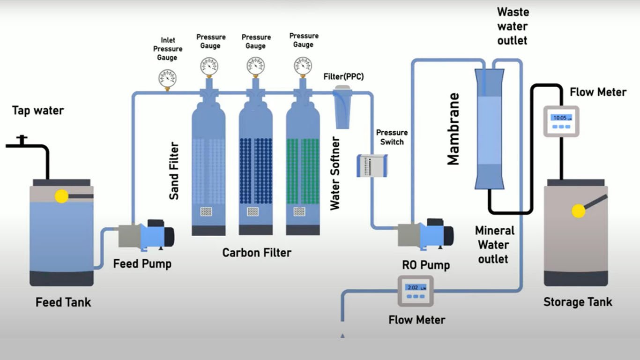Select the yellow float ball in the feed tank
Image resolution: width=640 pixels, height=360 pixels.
click(61, 196)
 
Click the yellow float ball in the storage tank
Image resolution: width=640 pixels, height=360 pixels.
click(579, 211)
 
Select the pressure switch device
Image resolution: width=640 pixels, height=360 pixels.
click(372, 165)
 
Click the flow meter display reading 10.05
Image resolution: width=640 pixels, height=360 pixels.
click(561, 118)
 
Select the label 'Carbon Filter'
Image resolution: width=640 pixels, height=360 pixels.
click(257, 253)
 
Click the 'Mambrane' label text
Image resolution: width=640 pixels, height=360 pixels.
click(453, 129)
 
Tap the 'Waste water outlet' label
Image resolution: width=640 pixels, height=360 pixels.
click(513, 26)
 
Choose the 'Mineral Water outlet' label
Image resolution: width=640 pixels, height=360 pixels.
click(494, 244)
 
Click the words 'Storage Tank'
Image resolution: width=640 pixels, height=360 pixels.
click(578, 302)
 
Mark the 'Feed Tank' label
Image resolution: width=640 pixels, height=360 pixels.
click(63, 302)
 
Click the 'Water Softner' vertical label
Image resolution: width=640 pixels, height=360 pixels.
click(335, 173)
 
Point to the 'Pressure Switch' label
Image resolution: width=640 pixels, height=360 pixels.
click(392, 137)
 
